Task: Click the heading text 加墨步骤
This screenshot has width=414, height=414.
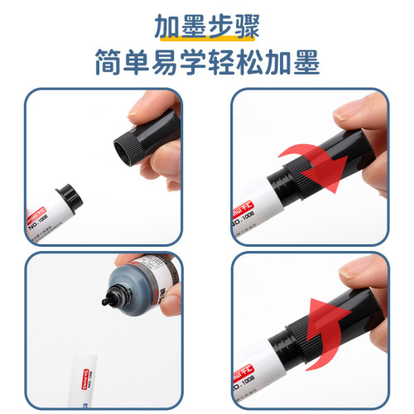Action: (x=207, y=25)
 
